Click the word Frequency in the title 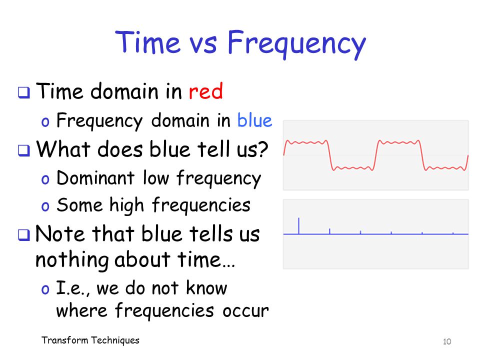pyautogui.click(x=296, y=44)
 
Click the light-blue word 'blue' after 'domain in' pyautogui.click(x=254, y=120)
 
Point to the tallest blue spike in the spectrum pyautogui.click(x=299, y=226)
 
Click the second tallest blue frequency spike pyautogui.click(x=329, y=231)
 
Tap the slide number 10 pyautogui.click(x=447, y=341)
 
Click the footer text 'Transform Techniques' pyautogui.click(x=90, y=340)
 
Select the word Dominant pyautogui.click(x=95, y=177)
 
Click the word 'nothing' pyautogui.click(x=72, y=260)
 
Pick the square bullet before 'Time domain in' pyautogui.click(x=24, y=92)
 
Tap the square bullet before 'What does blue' pyautogui.click(x=24, y=150)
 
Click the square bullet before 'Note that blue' pyautogui.click(x=24, y=235)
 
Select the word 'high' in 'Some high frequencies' pyautogui.click(x=126, y=205)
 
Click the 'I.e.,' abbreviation pyautogui.click(x=73, y=288)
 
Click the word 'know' pyautogui.click(x=206, y=288)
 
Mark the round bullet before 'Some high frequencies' pyautogui.click(x=45, y=206)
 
